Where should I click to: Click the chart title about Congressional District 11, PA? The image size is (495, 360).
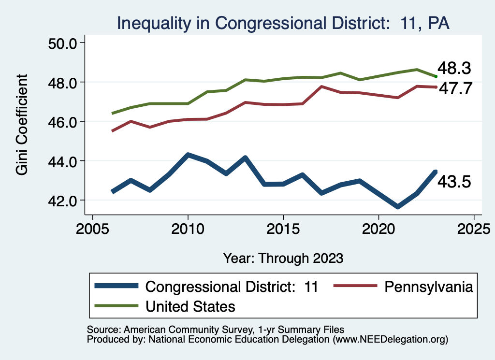coord(283,23)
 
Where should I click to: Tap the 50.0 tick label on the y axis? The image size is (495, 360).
coord(63,43)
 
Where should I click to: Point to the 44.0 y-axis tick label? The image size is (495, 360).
coord(63,161)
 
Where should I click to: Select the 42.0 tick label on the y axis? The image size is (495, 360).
coord(63,200)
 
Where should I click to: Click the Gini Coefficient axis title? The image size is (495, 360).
coord(22,125)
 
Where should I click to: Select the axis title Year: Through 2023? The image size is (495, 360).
coord(283,258)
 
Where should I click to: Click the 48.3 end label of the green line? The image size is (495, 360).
coord(454,68)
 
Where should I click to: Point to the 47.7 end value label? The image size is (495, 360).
coord(454,89)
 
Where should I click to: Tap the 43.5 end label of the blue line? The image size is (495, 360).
coord(454,182)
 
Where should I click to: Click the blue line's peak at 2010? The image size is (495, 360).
coord(188,155)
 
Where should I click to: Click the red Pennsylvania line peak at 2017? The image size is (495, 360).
coord(321,86)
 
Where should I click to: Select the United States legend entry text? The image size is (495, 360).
coord(190,306)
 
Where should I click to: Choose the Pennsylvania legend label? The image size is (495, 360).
coord(428,287)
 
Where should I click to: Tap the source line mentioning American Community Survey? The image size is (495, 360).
coord(216,330)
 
